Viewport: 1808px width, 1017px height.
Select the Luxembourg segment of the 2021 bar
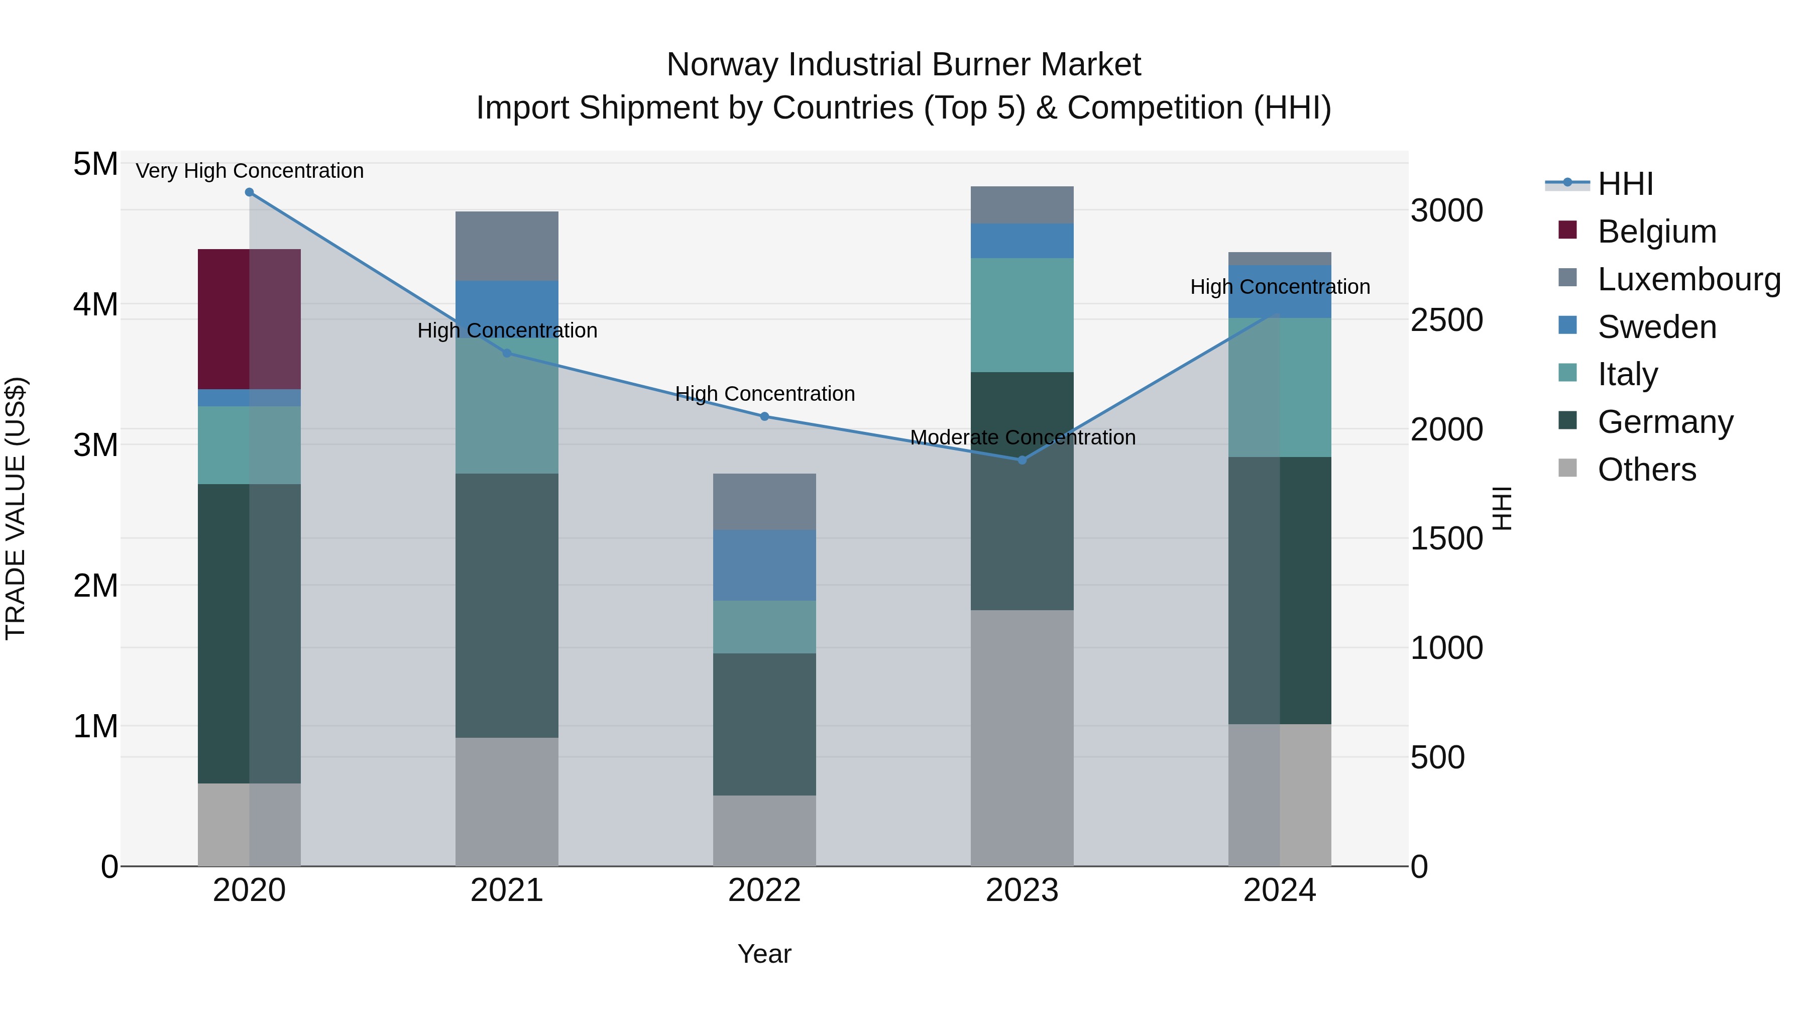[x=507, y=246]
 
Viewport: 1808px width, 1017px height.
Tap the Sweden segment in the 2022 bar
[x=764, y=565]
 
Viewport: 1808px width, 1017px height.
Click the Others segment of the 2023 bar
[x=1022, y=737]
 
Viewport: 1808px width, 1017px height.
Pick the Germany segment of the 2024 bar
[x=1280, y=590]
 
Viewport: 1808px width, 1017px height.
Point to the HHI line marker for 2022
[x=764, y=416]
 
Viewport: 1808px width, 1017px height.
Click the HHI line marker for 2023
[x=1022, y=460]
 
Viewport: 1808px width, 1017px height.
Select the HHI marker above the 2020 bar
[x=249, y=192]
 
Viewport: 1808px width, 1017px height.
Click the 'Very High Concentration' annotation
[x=249, y=171]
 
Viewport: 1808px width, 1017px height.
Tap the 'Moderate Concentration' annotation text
[x=1022, y=437]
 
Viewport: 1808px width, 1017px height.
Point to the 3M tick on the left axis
[x=95, y=444]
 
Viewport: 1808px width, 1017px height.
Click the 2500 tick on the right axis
[x=1446, y=320]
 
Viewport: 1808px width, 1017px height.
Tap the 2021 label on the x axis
[x=507, y=890]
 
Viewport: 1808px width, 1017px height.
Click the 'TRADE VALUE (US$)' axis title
[x=16, y=508]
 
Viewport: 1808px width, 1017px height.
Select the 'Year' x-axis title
[x=764, y=954]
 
